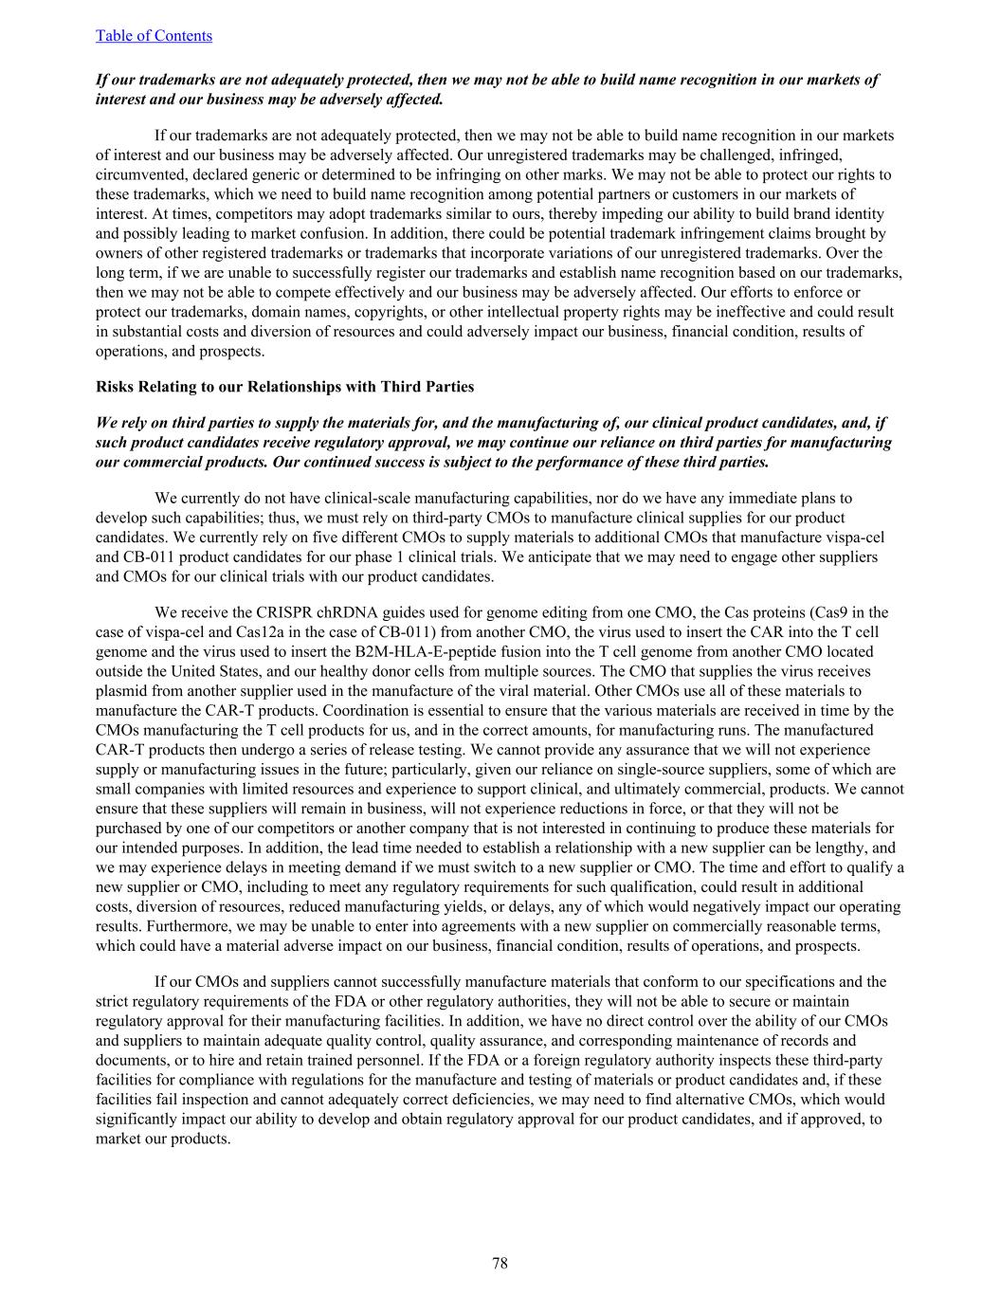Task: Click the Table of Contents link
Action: tap(154, 36)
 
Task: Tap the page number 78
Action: tap(500, 1263)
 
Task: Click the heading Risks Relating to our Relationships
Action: tap(284, 387)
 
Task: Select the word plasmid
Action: tap(120, 691)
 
